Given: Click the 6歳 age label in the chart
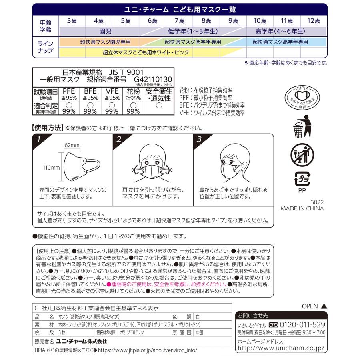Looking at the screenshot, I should point(152,21).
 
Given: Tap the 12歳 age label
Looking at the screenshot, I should point(313,21).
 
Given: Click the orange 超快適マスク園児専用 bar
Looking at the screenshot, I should point(105,42).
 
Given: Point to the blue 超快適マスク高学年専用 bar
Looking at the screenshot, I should point(280,42).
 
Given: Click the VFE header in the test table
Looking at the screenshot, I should point(112,92).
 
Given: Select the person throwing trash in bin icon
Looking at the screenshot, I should point(302,126).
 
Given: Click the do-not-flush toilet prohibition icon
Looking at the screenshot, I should point(302,155).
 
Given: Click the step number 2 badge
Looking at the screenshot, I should point(119,140).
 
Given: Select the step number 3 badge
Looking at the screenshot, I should point(199,140).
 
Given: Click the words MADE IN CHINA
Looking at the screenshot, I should point(302,208).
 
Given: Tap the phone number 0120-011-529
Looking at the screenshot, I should point(302,324).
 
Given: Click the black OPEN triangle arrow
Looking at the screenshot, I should point(324,306).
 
